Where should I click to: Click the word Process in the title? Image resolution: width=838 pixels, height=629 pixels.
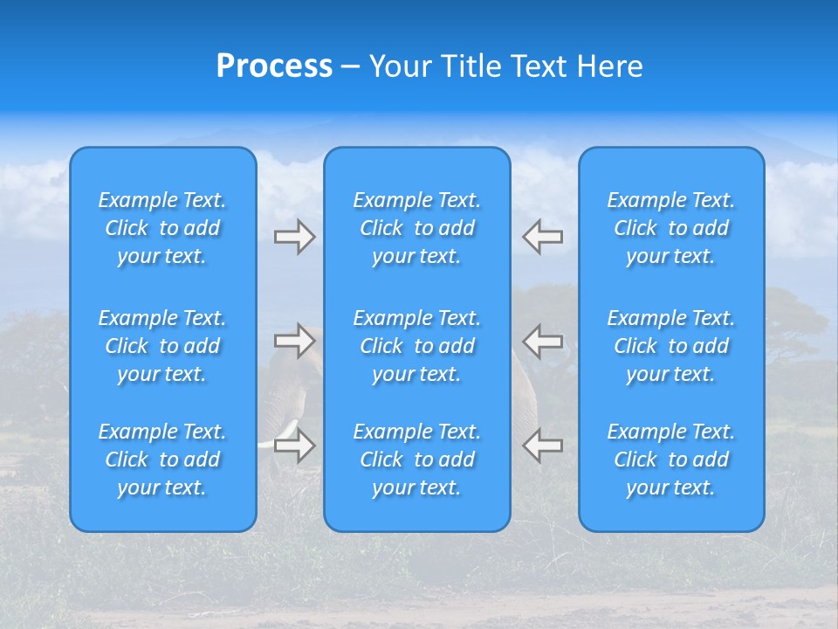pyautogui.click(x=274, y=66)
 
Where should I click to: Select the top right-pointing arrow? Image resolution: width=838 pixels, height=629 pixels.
pyautogui.click(x=294, y=237)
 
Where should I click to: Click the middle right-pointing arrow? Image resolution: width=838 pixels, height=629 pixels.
pyautogui.click(x=294, y=340)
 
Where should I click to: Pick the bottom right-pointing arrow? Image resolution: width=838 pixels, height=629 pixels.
pyautogui.click(x=294, y=446)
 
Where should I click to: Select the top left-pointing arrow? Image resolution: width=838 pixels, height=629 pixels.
pyautogui.click(x=543, y=237)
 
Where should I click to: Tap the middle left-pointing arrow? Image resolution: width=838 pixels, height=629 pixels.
pyautogui.click(x=543, y=340)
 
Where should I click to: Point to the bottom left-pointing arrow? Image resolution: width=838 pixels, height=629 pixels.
pyautogui.click(x=543, y=446)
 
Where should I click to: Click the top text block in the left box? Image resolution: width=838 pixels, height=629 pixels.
pyautogui.click(x=162, y=228)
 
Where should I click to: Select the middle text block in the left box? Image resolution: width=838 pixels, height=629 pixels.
pyautogui.click(x=162, y=346)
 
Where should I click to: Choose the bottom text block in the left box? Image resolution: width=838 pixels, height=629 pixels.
pyautogui.click(x=162, y=460)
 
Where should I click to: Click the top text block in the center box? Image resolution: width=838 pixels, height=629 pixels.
pyautogui.click(x=417, y=228)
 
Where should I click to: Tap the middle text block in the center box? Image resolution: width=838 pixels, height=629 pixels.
pyautogui.click(x=417, y=346)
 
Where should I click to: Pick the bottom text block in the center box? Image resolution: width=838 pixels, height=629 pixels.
pyautogui.click(x=417, y=460)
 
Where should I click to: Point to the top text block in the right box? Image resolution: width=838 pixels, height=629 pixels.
pyautogui.click(x=671, y=228)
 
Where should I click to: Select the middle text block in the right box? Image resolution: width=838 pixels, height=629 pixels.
pyautogui.click(x=671, y=346)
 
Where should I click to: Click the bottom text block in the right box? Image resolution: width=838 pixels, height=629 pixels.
pyautogui.click(x=671, y=460)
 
